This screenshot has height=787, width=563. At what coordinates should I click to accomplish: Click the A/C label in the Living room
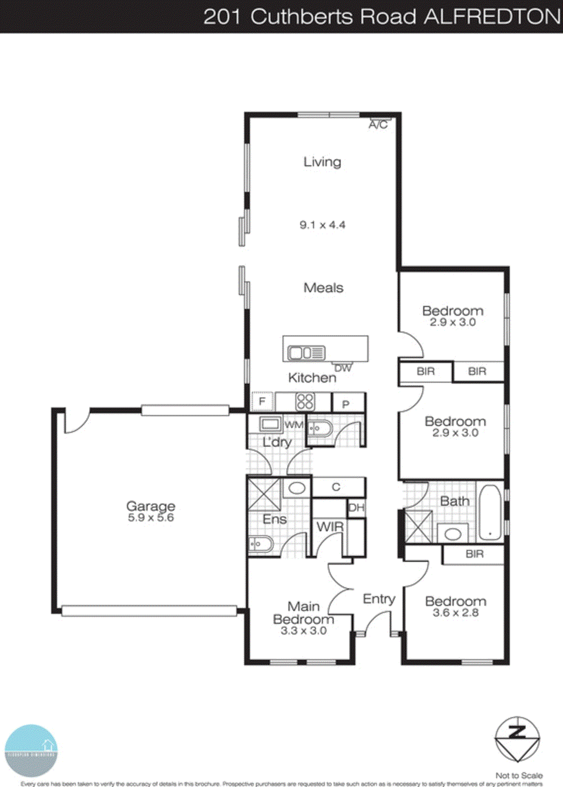pyautogui.click(x=378, y=125)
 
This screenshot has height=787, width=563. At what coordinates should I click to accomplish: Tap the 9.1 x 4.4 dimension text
pyautogui.click(x=322, y=225)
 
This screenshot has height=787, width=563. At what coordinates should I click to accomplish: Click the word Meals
pyautogui.click(x=323, y=288)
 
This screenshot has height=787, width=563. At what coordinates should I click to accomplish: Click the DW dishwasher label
pyautogui.click(x=343, y=368)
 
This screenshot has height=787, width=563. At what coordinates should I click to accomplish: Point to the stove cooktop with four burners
pyautogui.click(x=305, y=402)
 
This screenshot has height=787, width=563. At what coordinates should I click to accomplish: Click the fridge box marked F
pyautogui.click(x=262, y=401)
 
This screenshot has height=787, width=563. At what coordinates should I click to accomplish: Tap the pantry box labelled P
pyautogui.click(x=346, y=404)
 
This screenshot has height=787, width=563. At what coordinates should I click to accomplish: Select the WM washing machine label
pyautogui.click(x=294, y=425)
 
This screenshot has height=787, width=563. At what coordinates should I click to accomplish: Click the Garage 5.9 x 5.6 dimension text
pyautogui.click(x=151, y=517)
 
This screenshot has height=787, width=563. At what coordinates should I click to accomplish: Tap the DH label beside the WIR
pyautogui.click(x=356, y=508)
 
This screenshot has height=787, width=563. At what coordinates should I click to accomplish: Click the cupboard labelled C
pyautogui.click(x=336, y=487)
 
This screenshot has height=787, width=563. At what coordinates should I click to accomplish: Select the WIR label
pyautogui.click(x=329, y=527)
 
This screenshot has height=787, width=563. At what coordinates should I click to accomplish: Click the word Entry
pyautogui.click(x=379, y=599)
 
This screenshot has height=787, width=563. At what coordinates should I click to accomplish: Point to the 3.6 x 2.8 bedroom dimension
pyautogui.click(x=455, y=613)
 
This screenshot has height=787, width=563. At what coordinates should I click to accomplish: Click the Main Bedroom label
pyautogui.click(x=304, y=613)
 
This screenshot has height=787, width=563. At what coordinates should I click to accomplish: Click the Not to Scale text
pyautogui.click(x=519, y=775)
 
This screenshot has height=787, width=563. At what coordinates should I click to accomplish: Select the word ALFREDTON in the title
pyautogui.click(x=493, y=17)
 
